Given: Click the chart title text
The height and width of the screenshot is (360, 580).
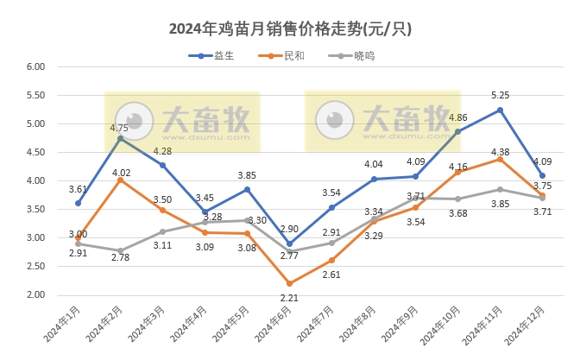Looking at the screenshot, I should point(290,28).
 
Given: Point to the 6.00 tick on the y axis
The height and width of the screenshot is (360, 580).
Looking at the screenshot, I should point(35,66).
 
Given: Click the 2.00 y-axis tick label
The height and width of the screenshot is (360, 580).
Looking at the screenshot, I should point(35,295).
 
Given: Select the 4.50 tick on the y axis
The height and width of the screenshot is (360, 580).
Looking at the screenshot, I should point(35,152).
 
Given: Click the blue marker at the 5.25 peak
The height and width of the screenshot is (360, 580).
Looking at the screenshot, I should point(500,110).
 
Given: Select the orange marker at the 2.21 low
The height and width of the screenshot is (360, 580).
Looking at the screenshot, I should point(289,283).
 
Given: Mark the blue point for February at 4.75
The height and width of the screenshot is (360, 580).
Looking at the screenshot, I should point(120,138).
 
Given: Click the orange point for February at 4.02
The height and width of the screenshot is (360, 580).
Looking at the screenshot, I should point(120,180).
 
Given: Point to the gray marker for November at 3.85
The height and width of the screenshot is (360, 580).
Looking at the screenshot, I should point(500,189).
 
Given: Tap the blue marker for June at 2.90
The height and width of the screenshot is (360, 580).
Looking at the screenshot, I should point(289,244).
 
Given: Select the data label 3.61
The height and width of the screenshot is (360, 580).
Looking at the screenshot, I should point(79,189).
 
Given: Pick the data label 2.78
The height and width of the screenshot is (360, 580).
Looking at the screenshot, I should point(120,259).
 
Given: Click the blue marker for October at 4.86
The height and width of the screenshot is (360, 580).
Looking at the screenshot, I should point(457,132).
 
